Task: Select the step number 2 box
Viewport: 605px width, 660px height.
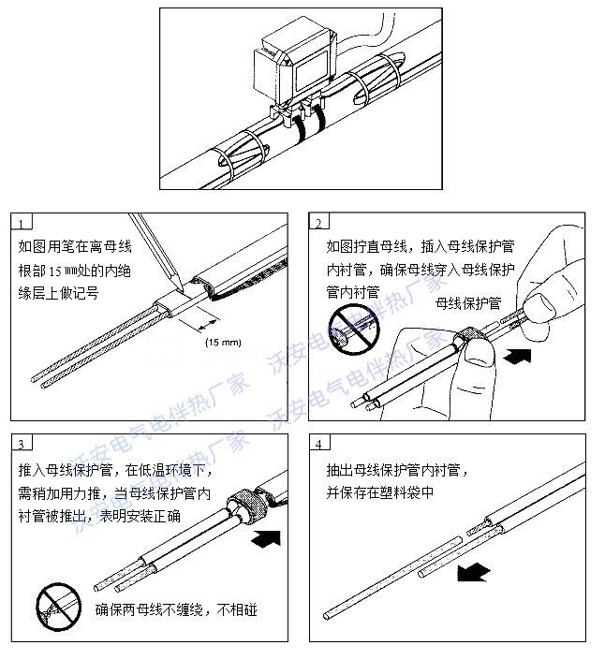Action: click(x=319, y=223)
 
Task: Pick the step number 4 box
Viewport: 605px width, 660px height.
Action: click(x=319, y=442)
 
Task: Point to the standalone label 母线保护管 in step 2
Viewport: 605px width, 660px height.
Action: click(x=468, y=303)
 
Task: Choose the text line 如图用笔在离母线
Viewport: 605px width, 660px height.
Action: click(x=75, y=247)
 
